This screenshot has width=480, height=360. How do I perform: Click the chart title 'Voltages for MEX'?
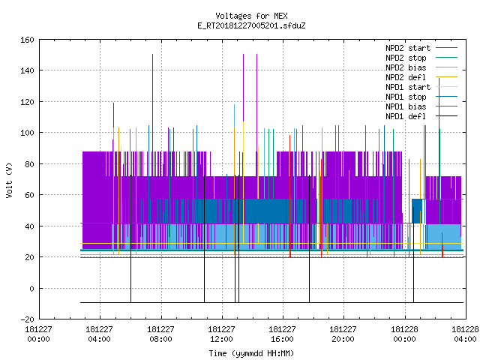point(251,16)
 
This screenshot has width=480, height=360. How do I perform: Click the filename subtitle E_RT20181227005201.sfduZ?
point(251,25)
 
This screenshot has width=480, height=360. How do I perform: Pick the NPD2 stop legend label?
point(406,58)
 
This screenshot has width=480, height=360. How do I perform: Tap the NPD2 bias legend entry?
point(406,67)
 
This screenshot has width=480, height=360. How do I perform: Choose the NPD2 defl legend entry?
point(406,77)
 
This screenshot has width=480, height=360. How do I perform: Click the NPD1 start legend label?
point(408,87)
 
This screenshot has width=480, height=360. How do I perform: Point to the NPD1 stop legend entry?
point(406,97)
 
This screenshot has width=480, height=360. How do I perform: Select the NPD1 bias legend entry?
point(406,106)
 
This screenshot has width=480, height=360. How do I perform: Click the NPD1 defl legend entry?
point(406,117)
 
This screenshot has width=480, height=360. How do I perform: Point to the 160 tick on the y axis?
point(27,40)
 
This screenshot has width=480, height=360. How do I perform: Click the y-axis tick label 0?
point(31,288)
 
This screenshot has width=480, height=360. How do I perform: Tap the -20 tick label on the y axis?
point(27,319)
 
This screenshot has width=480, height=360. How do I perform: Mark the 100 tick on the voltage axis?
point(27,133)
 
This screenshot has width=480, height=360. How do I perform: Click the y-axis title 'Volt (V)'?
point(9,181)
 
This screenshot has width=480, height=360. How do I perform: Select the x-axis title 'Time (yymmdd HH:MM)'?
point(251,353)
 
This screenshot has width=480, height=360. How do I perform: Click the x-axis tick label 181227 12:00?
point(221,334)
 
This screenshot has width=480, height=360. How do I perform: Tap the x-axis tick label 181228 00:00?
point(405,334)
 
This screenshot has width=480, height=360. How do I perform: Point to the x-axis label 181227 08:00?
point(160,334)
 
